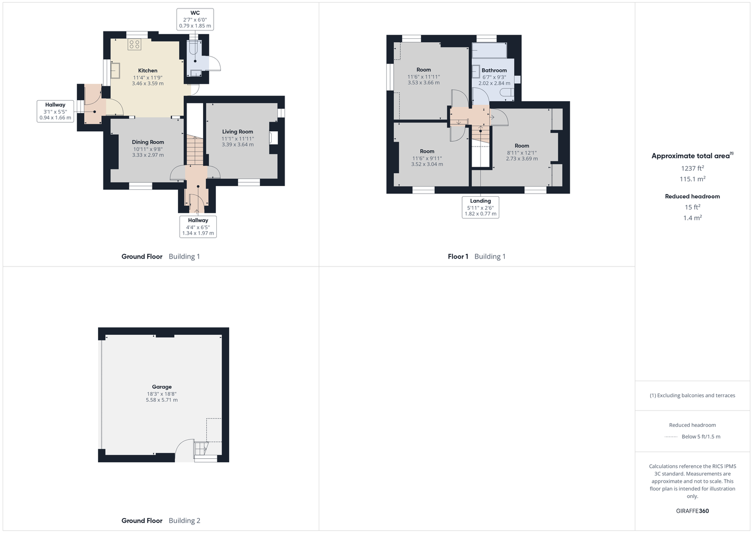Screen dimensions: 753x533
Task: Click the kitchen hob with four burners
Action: pos(134,44)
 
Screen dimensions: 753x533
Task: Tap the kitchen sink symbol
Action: pos(115,70)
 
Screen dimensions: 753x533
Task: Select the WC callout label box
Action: pos(195,19)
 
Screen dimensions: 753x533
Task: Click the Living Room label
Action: pos(238,138)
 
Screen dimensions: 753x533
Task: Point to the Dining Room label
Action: pos(148,148)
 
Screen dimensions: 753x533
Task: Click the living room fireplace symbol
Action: pos(273,138)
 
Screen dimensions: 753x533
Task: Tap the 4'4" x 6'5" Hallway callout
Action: pos(198,227)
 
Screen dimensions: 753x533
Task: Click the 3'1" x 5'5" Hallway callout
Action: pos(55,111)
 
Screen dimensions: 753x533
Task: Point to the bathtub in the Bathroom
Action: pos(489,51)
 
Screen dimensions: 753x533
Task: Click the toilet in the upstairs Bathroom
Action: pos(507,92)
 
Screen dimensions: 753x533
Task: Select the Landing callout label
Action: pos(480,207)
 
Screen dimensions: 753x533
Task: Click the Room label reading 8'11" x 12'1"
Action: pos(522,152)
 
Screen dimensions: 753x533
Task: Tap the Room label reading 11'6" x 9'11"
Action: pos(427,158)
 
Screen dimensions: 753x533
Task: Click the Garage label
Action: pos(161,393)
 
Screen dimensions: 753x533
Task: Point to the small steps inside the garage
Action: pos(201,449)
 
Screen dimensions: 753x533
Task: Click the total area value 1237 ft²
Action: pos(692,168)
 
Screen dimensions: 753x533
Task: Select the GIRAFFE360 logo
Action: pos(692,511)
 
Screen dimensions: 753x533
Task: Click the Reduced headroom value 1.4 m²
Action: pos(692,217)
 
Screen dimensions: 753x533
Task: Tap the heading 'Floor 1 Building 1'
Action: pos(476,256)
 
